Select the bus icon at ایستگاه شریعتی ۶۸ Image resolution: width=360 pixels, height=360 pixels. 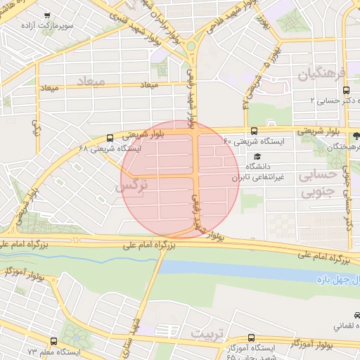tap(110, 139)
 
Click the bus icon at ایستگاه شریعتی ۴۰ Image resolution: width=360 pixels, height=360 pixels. tap(254, 131)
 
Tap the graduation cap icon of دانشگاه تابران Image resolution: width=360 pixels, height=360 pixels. tap(257, 156)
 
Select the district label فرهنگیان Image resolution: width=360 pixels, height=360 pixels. tap(322, 75)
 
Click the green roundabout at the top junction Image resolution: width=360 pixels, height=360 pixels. tap(191, 46)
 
